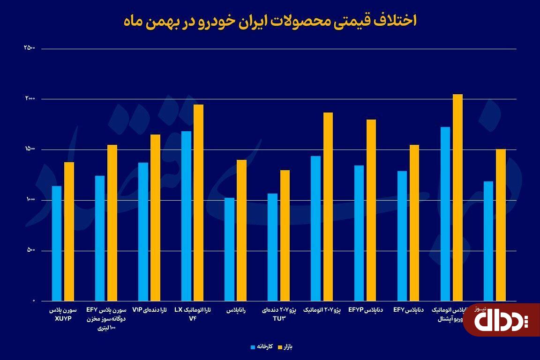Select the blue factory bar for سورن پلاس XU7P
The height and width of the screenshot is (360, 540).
click(57, 243)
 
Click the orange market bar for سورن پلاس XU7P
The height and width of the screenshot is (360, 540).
click(69, 232)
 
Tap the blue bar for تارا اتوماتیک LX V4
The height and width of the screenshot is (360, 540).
click(186, 216)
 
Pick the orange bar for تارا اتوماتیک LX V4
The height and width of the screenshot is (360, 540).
click(198, 202)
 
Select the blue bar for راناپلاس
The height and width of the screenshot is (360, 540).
click(229, 249)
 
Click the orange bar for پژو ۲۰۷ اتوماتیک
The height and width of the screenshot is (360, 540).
click(328, 207)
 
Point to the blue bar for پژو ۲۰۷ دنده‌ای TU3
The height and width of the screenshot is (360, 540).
click(272, 247)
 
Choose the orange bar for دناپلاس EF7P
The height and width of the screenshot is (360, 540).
click(371, 210)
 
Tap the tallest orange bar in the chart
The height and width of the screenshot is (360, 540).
click(457, 197)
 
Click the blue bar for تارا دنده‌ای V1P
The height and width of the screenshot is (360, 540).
click(143, 232)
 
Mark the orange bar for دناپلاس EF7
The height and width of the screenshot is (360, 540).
click(414, 223)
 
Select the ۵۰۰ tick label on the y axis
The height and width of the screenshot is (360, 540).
click(30, 250)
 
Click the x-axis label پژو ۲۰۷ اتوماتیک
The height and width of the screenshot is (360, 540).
click(323, 310)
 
